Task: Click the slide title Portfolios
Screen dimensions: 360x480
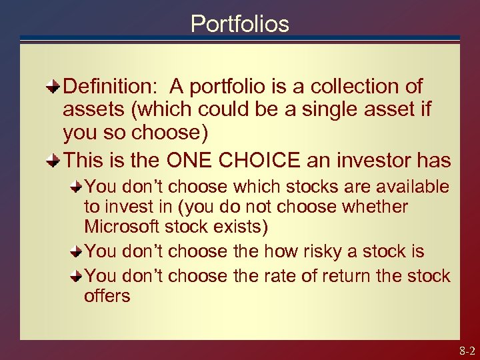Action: click(x=239, y=24)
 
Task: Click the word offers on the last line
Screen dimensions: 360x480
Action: click(x=107, y=295)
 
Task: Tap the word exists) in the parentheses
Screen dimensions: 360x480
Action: click(x=238, y=227)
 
